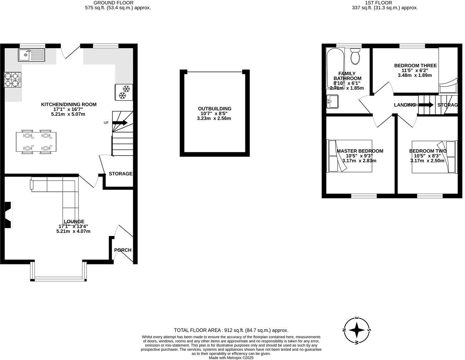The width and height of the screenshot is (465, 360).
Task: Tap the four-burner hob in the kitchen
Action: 12,80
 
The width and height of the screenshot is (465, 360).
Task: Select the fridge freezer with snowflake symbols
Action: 124,92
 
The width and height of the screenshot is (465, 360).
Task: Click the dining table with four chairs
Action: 36,142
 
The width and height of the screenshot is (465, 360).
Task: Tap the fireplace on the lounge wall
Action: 8,215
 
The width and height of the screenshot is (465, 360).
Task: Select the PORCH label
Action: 123,250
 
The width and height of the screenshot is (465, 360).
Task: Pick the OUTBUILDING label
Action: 215,109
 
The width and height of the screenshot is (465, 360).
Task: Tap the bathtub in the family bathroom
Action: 335,67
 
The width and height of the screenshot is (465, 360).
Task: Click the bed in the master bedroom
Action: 349,156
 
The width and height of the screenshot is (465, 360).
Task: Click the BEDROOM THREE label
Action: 415,65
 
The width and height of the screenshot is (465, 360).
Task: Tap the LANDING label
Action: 404,105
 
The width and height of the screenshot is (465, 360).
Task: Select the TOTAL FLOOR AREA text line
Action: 231,330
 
